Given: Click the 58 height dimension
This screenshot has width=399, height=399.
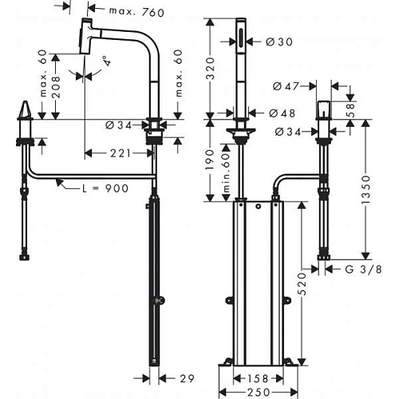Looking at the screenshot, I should tap(349, 110).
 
